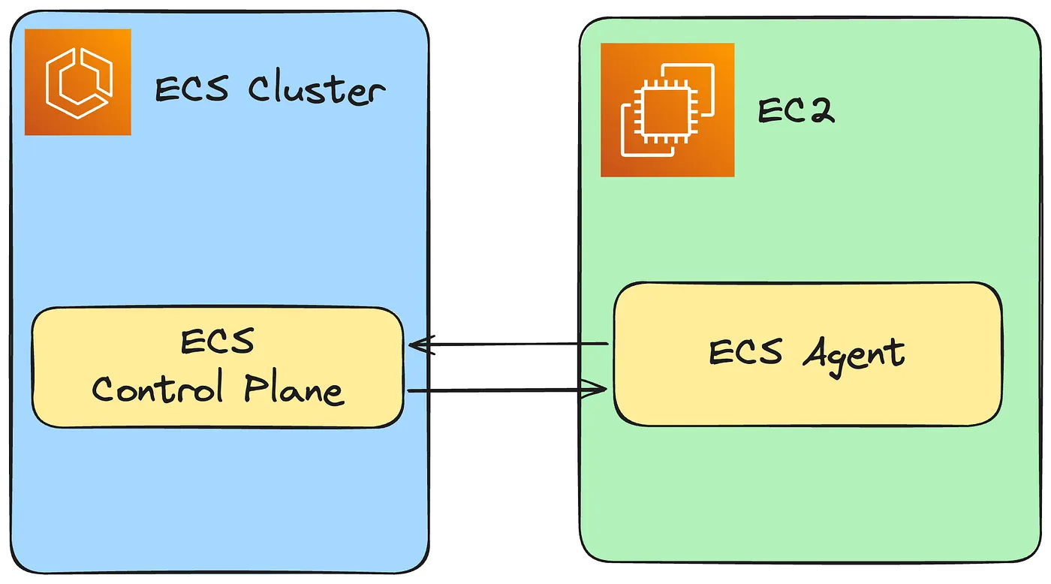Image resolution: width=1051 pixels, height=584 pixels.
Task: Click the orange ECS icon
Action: tap(78, 82)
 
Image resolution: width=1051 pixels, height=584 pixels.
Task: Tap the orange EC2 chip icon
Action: tap(667, 110)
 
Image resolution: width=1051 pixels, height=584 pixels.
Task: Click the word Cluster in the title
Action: tap(315, 91)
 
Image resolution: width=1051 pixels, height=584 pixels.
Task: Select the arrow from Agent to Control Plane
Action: tap(510, 345)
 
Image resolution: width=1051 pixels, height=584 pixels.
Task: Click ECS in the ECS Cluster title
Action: tap(191, 91)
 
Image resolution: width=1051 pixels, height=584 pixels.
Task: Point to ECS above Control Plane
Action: tap(218, 342)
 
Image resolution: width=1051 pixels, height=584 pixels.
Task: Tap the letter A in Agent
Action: tap(818, 353)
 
